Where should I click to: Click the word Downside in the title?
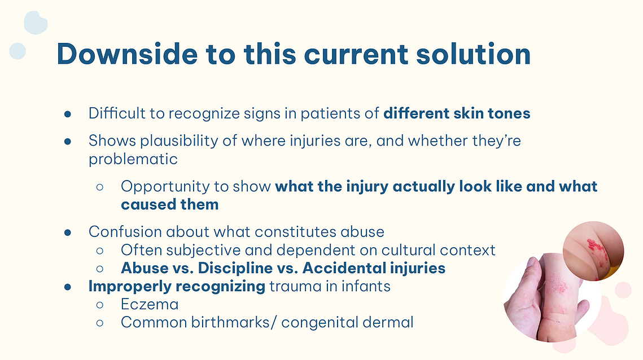point(127,54)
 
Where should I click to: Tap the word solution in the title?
point(473,54)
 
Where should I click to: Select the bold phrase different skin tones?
point(457,113)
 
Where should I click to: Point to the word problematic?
point(133,159)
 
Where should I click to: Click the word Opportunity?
point(174,187)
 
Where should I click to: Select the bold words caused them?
point(170,204)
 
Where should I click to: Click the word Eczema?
point(150,305)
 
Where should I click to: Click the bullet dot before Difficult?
point(68,114)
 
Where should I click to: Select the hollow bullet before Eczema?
point(100,305)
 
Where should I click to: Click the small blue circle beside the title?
point(18,51)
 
